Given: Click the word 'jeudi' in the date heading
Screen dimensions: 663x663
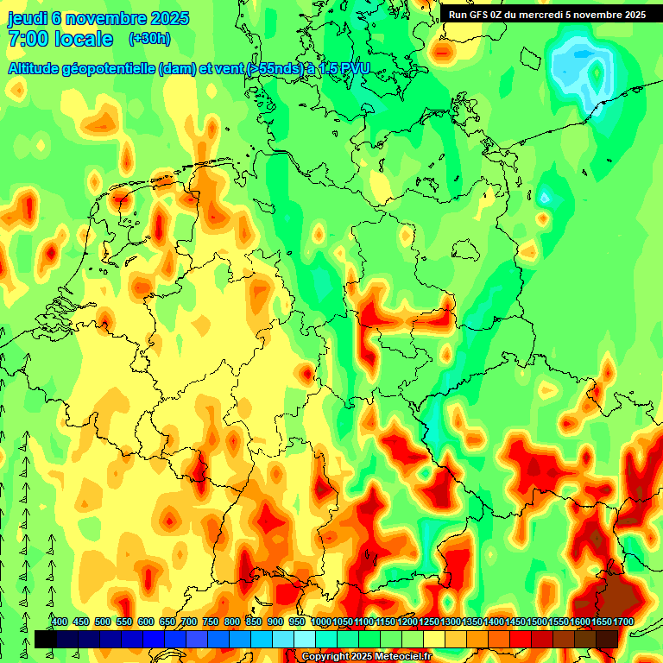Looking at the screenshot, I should pos(28,19).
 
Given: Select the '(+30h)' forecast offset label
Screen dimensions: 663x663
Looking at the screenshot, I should pos(149,39).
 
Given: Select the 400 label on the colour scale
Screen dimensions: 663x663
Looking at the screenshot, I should pos(60,622).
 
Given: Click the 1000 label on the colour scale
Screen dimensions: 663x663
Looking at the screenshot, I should pos(321,622).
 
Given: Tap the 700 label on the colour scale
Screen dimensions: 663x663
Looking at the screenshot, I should pos(189,622).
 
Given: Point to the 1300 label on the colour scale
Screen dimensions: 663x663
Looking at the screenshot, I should pos(451,622).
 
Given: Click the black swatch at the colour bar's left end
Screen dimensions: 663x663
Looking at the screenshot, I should pos(46,639).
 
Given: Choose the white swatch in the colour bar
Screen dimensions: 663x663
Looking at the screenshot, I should pos(304,639).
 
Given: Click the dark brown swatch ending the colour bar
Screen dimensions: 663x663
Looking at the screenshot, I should pos(607,639).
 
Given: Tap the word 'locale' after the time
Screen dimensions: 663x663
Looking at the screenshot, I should pos(84,40).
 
